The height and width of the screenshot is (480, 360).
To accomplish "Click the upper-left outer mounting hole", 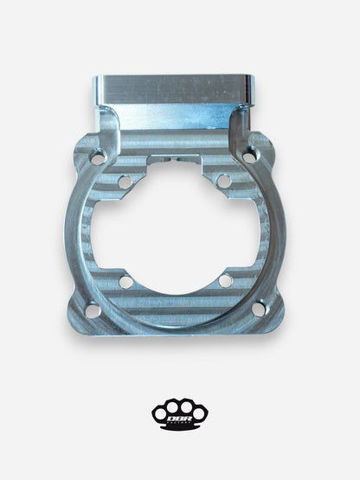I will [x=97, y=158].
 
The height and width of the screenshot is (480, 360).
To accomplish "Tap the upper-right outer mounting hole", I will [x=250, y=157].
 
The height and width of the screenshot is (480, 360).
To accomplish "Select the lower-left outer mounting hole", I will [x=91, y=308].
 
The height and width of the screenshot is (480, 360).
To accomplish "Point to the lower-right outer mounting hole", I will [x=257, y=307].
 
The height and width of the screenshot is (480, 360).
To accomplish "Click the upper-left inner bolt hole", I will [x=125, y=182].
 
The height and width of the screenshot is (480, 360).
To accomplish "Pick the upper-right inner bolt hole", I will [x=223, y=182].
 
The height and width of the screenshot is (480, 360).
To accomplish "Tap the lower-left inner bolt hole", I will [x=126, y=280].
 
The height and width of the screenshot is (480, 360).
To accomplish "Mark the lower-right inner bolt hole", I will [x=225, y=280].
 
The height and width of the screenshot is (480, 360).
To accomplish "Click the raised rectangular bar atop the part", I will [x=173, y=89].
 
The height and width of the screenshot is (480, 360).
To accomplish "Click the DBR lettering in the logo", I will [x=180, y=413].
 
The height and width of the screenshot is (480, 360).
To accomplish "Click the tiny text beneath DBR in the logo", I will [x=180, y=419].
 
